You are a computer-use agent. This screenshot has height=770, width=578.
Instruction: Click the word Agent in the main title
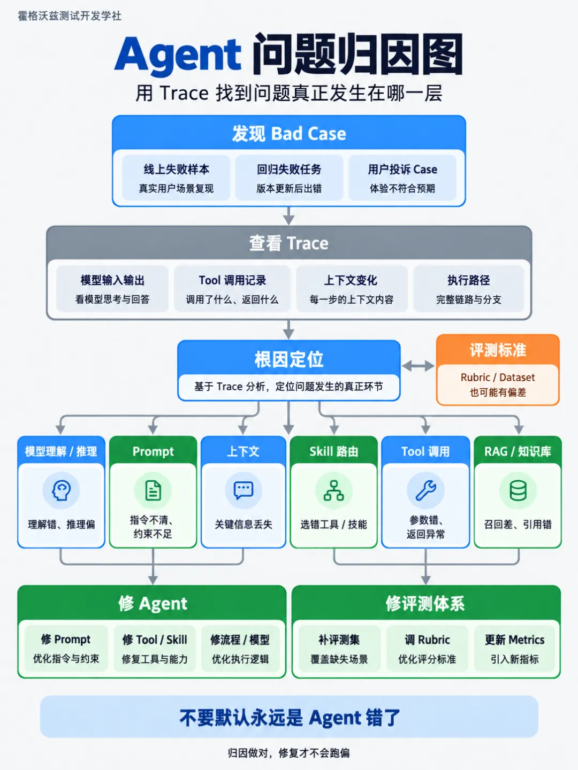coord(178,56)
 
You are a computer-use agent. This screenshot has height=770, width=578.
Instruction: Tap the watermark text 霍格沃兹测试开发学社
coord(70,16)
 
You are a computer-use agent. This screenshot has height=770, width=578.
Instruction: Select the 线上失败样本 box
coord(176,178)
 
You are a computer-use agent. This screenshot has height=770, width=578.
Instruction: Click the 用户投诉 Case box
coord(402,178)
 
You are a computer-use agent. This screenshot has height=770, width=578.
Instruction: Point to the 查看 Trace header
coord(289,243)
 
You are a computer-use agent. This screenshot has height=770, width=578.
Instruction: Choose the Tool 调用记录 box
coord(232,289)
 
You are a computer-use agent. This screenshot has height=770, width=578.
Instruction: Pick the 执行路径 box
coord(468,289)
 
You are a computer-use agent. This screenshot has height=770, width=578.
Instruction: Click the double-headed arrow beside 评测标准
coord(418,366)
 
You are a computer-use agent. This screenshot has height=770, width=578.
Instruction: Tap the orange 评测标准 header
coord(498,350)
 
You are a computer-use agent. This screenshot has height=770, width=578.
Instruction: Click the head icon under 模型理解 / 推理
coord(61,490)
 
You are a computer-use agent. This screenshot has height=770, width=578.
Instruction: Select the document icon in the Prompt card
coord(153,490)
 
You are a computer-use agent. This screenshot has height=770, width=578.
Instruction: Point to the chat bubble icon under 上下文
coord(243,490)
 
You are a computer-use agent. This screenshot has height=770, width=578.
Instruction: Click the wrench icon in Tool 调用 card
coord(425,490)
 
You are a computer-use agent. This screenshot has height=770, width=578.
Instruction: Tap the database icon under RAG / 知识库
coord(518,490)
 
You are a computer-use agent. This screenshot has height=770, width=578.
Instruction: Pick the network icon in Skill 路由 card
coord(334,490)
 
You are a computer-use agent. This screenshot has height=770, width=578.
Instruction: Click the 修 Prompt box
coord(66,649)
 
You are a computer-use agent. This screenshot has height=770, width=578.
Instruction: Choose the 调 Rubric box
coord(427,649)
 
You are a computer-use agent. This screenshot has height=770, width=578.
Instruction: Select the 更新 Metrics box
coord(514,649)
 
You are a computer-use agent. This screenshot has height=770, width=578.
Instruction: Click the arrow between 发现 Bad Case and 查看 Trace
coord(289,215)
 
